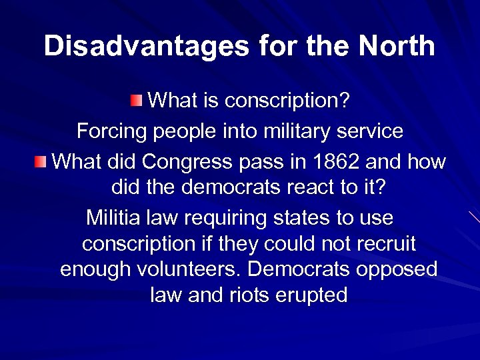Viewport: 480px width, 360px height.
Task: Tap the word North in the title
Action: [397, 46]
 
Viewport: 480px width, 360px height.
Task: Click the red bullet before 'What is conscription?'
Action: [136, 101]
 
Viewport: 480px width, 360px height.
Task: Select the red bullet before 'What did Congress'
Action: [41, 161]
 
